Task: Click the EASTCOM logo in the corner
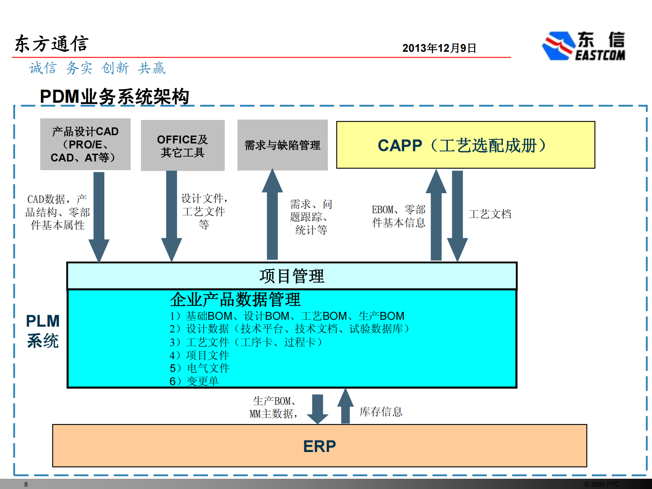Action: pyautogui.click(x=583, y=46)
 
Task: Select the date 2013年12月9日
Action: pyautogui.click(x=439, y=48)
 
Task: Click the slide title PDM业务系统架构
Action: pyautogui.click(x=114, y=97)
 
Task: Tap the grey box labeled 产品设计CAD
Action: pyautogui.click(x=85, y=144)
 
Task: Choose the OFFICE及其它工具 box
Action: pyautogui.click(x=182, y=145)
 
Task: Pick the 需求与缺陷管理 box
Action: pyautogui.click(x=282, y=145)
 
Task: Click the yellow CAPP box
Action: pyautogui.click(x=465, y=145)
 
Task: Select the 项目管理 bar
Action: pyautogui.click(x=292, y=276)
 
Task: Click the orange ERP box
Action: pyautogui.click(x=319, y=446)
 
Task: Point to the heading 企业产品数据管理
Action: pyautogui.click(x=235, y=300)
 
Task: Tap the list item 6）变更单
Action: pyautogui.click(x=194, y=381)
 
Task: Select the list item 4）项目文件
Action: pyautogui.click(x=199, y=355)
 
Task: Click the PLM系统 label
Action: pyautogui.click(x=43, y=331)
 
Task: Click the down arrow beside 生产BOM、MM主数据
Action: pyautogui.click(x=318, y=408)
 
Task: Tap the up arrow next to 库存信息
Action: pyautogui.click(x=346, y=406)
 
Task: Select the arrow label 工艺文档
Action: pyautogui.click(x=490, y=214)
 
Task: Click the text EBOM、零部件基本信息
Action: pyautogui.click(x=399, y=216)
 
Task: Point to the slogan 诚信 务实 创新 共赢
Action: pyautogui.click(x=97, y=68)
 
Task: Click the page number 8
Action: pyautogui.click(x=26, y=484)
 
